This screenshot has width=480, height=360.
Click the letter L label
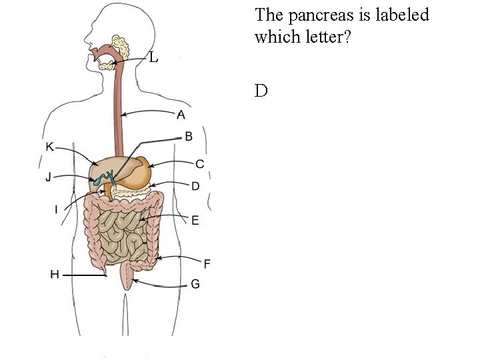(153, 58)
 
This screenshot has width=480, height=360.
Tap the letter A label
(181, 115)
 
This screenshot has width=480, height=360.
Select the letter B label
(189, 137)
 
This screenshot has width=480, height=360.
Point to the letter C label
(199, 164)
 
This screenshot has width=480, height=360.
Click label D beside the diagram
(195, 187)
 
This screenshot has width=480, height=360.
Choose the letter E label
(195, 220)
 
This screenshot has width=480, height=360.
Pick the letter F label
(207, 264)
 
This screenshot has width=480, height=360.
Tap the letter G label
(195, 284)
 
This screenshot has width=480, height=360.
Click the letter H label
(55, 274)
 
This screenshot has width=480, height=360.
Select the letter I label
(56, 210)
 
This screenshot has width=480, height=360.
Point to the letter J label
(48, 177)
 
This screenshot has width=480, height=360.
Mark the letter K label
(50, 147)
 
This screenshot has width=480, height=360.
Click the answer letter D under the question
(261, 91)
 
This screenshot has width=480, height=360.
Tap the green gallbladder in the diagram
(101, 179)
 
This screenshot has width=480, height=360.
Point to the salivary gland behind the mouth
(121, 46)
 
